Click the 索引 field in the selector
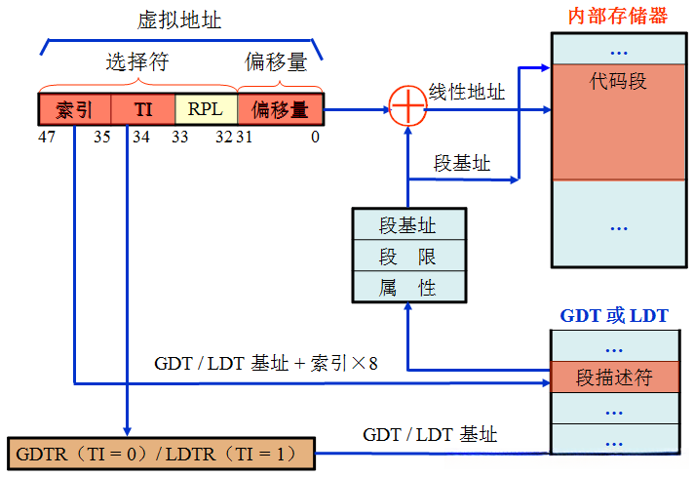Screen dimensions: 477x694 pyautogui.click(x=74, y=109)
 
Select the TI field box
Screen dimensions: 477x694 pyautogui.click(x=142, y=109)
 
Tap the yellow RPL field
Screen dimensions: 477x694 pyautogui.click(x=205, y=109)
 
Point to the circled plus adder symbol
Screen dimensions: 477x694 pyautogui.click(x=407, y=108)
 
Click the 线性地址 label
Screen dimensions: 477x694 pyautogui.click(x=467, y=92)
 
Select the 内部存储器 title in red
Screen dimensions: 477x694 pyautogui.click(x=618, y=17)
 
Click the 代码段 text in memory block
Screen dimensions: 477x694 pyautogui.click(x=618, y=81)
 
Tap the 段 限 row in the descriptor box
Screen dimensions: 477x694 pyautogui.click(x=407, y=257)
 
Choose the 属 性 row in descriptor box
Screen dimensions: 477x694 pyautogui.click(x=407, y=287)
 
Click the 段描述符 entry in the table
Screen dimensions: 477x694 pyautogui.click(x=614, y=377)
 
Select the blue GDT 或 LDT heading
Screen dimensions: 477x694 pyautogui.click(x=614, y=315)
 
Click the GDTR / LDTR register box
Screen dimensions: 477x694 pyautogui.click(x=161, y=454)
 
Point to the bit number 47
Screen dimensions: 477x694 pyautogui.click(x=46, y=137)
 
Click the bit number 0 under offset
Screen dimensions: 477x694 pyautogui.click(x=315, y=137)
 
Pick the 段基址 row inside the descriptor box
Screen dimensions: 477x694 pyautogui.click(x=407, y=225)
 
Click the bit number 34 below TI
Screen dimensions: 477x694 pyautogui.click(x=141, y=137)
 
